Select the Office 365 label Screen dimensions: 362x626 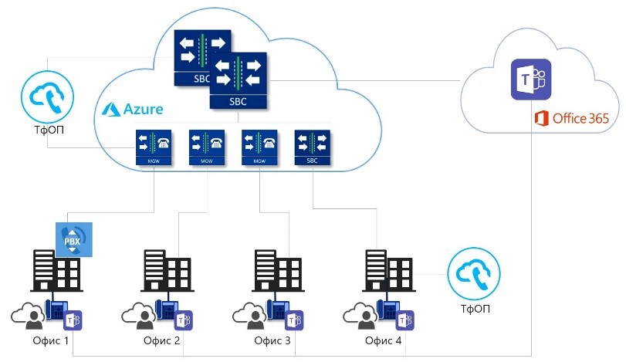571,118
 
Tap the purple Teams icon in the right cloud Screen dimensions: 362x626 532,80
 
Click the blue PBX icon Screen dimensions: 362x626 73,239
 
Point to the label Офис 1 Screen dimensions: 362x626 52,340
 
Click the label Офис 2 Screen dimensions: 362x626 162,340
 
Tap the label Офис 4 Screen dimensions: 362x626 383,340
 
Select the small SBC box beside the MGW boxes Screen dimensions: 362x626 313,147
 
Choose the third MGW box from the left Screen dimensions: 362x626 260,147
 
